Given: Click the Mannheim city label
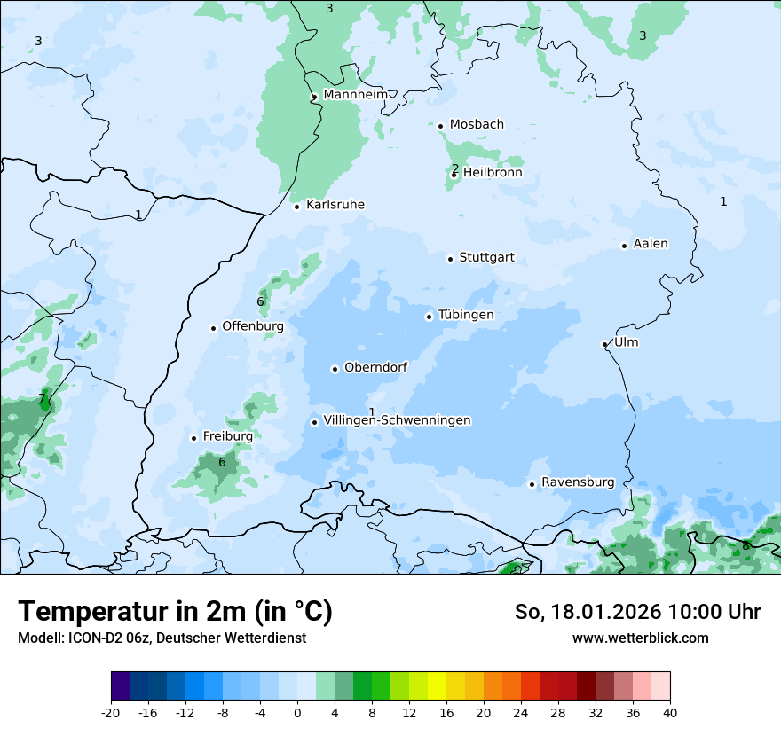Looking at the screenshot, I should pos(355,95).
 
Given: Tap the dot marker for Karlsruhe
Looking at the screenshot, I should pos(297,207).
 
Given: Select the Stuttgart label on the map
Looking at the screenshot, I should pos(486,258).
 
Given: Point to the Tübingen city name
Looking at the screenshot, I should pos(466,315).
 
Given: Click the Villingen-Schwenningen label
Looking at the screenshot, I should pos(398,420).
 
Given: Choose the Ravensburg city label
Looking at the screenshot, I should pos(578,482).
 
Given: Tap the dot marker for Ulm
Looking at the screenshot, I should pos(604,344).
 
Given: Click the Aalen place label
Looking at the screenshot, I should pos(651,244).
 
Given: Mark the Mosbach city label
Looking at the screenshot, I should pos(477,125).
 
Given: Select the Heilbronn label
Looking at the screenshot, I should pos(493,173).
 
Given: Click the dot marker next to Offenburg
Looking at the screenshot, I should pos(214,328).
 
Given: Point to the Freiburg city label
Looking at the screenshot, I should pos(228,436).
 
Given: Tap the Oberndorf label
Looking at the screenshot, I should pos(376,368).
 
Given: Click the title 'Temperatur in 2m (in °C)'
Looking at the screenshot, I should pos(176,612).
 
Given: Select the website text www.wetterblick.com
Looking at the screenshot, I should pos(641,638).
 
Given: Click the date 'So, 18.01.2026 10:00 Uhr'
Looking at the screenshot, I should pos(637,612).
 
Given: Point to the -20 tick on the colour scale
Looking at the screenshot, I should pos(111,713).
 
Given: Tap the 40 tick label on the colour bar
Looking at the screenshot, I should pos(670,713).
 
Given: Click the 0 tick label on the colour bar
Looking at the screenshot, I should pos(297,713).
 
